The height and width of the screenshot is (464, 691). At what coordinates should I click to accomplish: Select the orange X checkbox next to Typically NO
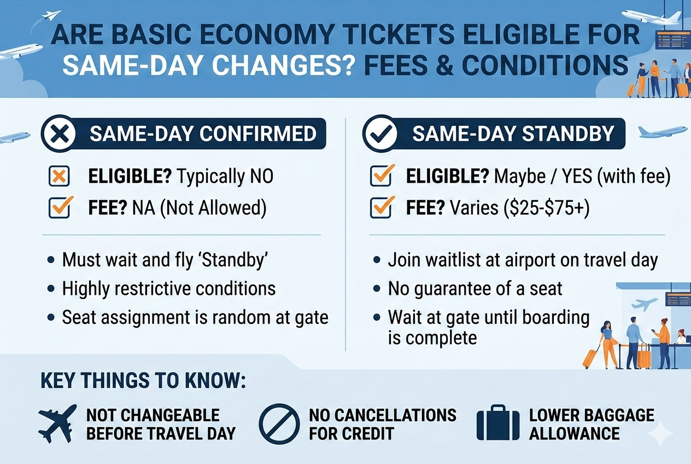[x=59, y=177]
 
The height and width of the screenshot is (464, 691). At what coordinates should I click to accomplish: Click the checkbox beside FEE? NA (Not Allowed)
[x=59, y=208]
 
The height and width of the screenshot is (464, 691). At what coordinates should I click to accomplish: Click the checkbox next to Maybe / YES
[x=380, y=177]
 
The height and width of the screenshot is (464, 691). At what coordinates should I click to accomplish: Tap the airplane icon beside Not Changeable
[x=57, y=424]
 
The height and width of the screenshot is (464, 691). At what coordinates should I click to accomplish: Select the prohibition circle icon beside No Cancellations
[x=279, y=424]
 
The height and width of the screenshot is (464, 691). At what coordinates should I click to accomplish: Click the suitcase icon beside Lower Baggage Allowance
[x=497, y=424]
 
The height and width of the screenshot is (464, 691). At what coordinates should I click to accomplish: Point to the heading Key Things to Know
[x=143, y=381]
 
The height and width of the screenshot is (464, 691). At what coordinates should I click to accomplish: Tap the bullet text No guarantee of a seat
[x=475, y=288]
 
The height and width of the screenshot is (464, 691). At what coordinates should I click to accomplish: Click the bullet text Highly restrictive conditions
[x=169, y=288]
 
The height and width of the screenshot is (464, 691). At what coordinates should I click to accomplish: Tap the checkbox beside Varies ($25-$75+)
[x=380, y=208]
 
